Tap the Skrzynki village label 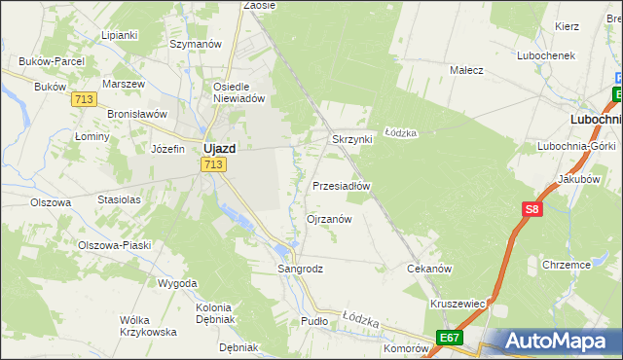click(352, 139)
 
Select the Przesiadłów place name click(342, 185)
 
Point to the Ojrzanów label click(329, 219)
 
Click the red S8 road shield click(531, 209)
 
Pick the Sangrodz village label click(300, 268)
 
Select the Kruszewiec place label click(458, 303)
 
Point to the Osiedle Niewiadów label click(239, 91)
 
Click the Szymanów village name click(197, 44)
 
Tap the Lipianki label click(119, 34)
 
